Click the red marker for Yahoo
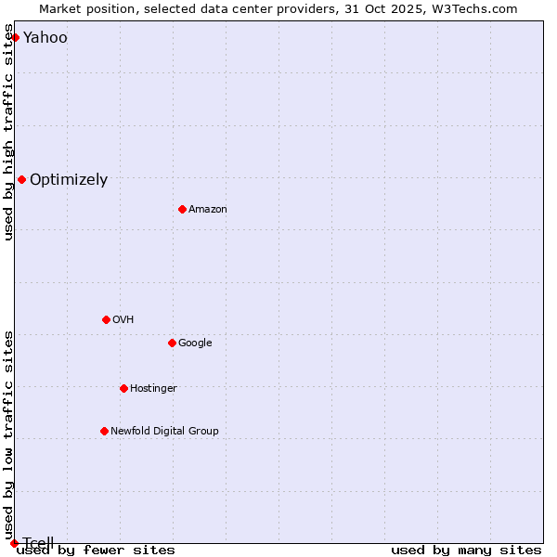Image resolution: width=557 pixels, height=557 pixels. click(15, 37)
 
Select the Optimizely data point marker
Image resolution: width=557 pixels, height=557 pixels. click(21, 179)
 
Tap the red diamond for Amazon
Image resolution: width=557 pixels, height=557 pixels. click(182, 209)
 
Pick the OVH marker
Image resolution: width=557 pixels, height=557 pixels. click(106, 319)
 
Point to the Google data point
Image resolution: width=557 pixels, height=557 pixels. click(172, 343)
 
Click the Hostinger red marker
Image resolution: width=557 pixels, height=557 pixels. click(123, 388)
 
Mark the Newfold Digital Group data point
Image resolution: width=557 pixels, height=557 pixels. click(104, 431)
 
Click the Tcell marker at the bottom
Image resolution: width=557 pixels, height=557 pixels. click(14, 543)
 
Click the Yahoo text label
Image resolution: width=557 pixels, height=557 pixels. click(45, 38)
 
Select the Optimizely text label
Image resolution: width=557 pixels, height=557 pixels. click(69, 180)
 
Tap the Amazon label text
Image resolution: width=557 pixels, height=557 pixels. click(208, 210)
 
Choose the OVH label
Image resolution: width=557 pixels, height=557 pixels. click(123, 320)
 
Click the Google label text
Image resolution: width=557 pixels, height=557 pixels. click(195, 343)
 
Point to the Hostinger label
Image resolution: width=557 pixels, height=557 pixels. click(153, 389)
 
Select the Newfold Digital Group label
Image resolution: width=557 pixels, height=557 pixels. click(164, 432)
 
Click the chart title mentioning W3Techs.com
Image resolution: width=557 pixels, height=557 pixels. click(278, 8)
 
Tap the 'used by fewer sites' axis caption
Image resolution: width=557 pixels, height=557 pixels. click(96, 551)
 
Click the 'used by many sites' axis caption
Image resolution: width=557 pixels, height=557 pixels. click(466, 551)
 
